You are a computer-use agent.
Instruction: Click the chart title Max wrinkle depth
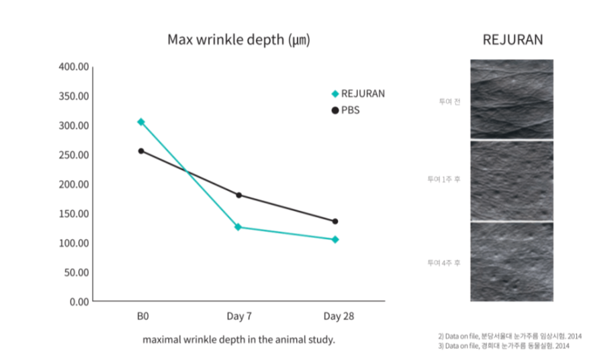coord(238,40)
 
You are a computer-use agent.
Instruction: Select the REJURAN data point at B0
coord(141,122)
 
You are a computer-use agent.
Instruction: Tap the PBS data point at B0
coord(141,151)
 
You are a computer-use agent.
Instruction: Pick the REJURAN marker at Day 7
coord(238,227)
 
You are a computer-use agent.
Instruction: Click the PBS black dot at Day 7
coord(238,195)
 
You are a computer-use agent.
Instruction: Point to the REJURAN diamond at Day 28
coord(335,239)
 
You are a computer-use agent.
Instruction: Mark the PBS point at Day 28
coord(335,221)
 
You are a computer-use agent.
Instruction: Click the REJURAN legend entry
coord(358,94)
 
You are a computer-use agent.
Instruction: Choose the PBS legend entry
coord(346,110)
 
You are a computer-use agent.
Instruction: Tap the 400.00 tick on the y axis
coord(74,67)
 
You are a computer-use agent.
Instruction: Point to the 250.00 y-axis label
coord(74,155)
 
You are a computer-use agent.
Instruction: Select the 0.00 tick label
coord(78,301)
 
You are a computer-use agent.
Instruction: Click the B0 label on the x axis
coord(142,316)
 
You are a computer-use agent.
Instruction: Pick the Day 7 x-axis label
coord(239,316)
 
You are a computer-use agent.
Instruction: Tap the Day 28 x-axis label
coord(339,316)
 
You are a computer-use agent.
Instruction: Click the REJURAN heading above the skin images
coord(512,40)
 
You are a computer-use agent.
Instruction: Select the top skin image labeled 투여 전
coord(512,99)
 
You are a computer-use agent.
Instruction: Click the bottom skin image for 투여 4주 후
coord(512,262)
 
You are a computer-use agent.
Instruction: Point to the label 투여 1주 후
coord(444,179)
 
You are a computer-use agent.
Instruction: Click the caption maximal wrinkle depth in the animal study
coord(239,340)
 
